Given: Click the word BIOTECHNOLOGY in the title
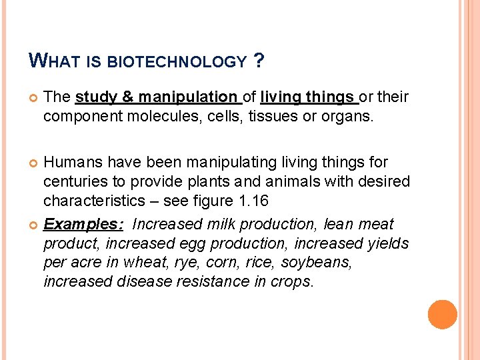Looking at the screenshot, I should click(177, 63).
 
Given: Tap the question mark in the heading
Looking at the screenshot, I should click(259, 62).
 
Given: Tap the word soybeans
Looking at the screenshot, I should click(317, 262).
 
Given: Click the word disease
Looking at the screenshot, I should click(146, 281).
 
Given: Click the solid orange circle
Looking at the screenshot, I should click(443, 315).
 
